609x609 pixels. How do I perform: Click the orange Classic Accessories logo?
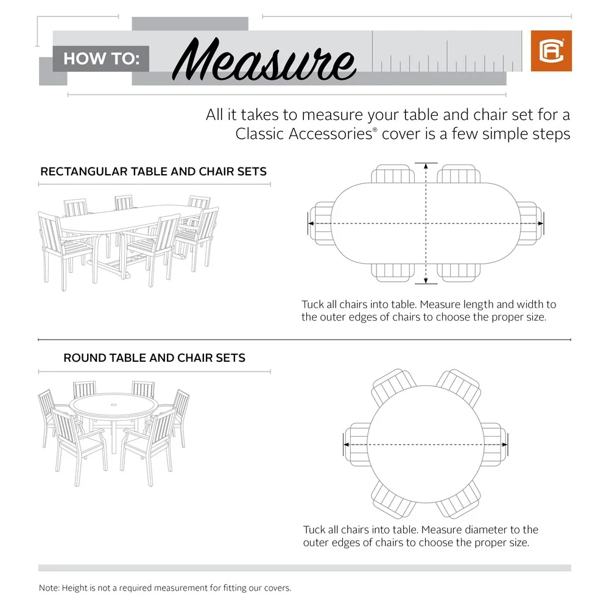click(x=551, y=51)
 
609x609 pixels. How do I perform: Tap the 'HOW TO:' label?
click(x=102, y=59)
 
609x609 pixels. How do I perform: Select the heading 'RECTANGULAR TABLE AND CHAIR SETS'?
click(x=153, y=172)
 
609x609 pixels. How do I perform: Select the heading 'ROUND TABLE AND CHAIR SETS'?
click(x=154, y=358)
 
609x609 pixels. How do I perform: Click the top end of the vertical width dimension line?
click(x=426, y=163)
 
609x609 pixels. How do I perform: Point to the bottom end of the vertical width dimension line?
click(x=426, y=283)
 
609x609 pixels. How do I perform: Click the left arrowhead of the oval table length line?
click(x=309, y=224)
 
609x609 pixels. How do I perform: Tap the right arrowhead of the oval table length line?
click(x=541, y=224)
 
